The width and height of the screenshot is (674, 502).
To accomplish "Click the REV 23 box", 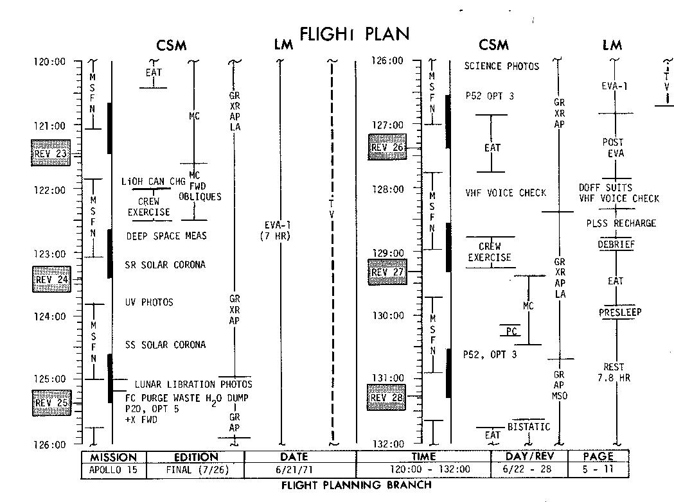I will point(51,153).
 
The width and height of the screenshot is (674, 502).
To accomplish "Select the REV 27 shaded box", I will point(387,272).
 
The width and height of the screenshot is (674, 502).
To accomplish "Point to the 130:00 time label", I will point(388,315).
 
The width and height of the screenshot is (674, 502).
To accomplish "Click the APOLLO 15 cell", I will point(114,469).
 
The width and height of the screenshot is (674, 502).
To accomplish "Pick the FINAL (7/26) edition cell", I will point(195,469).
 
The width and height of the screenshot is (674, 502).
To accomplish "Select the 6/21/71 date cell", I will point(300,469).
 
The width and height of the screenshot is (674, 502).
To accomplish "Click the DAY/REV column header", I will point(528,456).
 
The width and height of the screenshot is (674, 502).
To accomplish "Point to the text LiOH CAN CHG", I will point(154,182).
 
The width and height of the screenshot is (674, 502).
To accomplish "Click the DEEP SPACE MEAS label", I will point(166,236).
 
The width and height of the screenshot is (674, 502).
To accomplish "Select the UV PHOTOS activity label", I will point(149,302).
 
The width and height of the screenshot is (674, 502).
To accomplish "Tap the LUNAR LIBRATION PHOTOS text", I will point(193,384).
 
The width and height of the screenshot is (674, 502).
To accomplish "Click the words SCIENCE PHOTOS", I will point(501,66).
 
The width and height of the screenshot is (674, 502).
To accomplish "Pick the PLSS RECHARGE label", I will point(621,223).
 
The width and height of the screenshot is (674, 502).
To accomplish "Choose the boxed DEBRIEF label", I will point(616,244).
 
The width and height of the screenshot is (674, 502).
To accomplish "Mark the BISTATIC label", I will point(529,427).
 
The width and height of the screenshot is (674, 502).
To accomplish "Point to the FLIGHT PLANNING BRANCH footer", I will point(357,485).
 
